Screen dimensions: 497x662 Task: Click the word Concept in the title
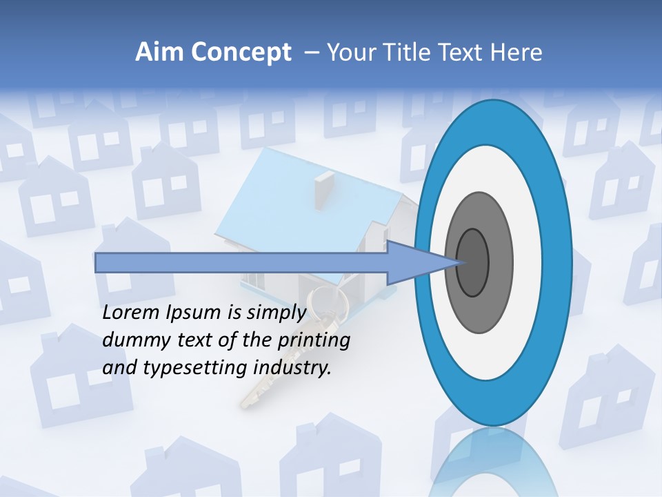[241, 52]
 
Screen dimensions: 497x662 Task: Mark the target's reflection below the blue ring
[494, 462]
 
